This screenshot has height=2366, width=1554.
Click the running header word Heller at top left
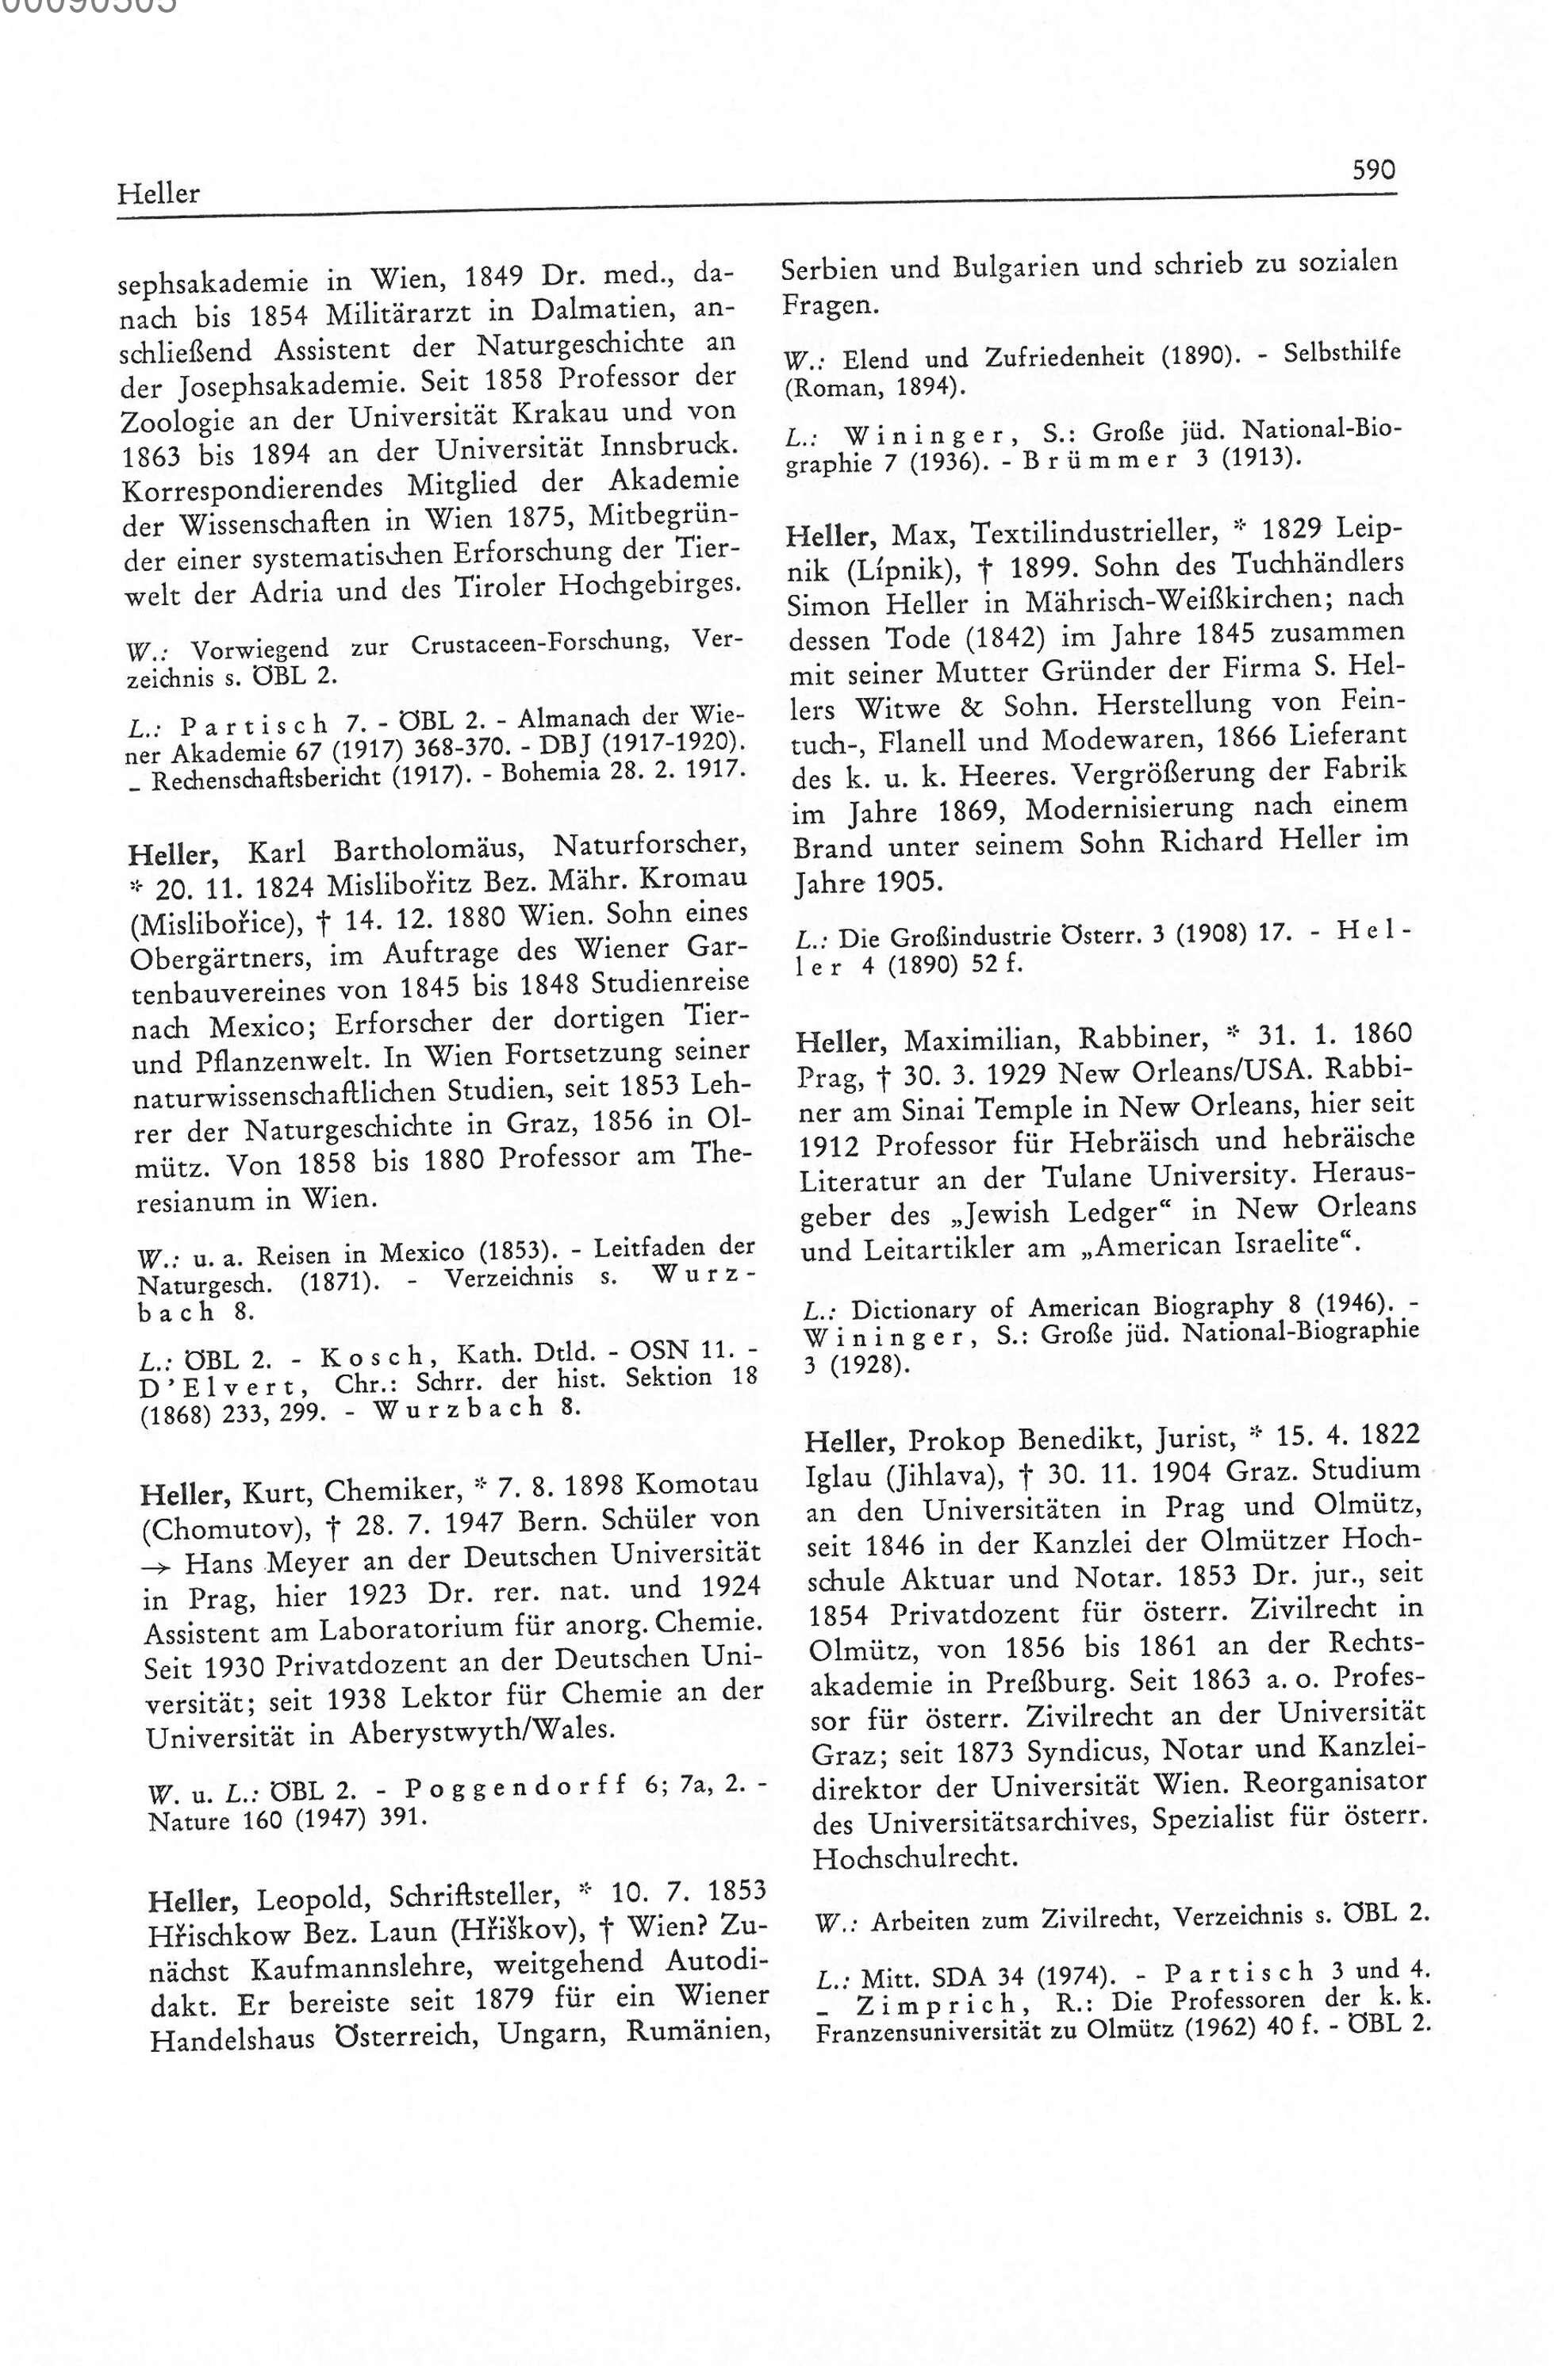click(158, 193)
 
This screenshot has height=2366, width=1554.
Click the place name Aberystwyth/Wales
click(482, 1731)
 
